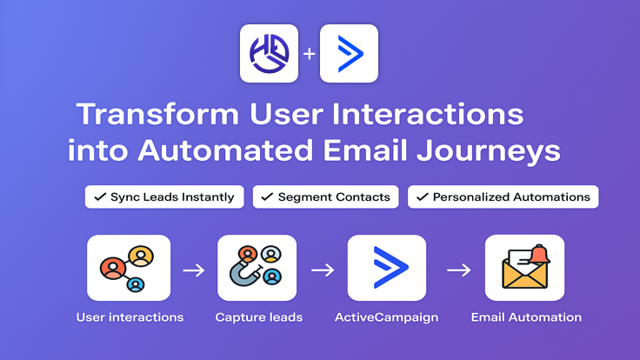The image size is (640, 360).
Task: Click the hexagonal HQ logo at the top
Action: click(269, 53)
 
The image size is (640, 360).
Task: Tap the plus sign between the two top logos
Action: click(309, 54)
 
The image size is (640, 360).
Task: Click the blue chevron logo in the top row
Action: click(349, 53)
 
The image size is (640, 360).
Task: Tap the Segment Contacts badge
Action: click(325, 197)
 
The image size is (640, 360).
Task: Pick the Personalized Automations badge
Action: click(503, 197)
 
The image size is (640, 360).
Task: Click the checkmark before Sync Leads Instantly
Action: click(101, 197)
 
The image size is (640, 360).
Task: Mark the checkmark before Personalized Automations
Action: click(423, 197)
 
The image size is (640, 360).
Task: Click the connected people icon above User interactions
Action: click(129, 268)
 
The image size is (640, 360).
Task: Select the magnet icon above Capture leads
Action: click(257, 268)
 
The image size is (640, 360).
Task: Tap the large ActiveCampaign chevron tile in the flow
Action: click(386, 268)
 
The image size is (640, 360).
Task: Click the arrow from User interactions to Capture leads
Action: click(193, 270)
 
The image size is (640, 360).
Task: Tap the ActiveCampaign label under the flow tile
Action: click(386, 317)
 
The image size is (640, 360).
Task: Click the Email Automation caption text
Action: click(526, 317)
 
